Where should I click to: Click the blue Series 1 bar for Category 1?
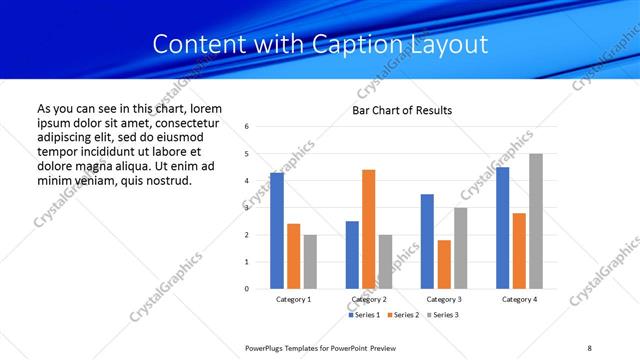tap(277, 231)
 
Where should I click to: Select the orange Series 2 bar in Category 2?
tap(368, 229)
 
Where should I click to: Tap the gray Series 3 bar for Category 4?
tap(536, 221)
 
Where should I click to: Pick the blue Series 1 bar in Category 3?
tap(427, 241)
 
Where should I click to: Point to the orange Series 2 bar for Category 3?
tap(444, 264)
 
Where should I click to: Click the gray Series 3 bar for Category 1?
tap(310, 262)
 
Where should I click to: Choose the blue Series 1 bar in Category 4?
tap(502, 228)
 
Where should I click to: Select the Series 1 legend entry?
tap(364, 315)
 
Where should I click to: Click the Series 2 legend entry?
tap(402, 315)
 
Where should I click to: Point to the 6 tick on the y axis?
tap(246, 127)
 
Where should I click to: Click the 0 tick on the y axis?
tap(246, 289)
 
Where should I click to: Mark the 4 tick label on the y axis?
tap(246, 181)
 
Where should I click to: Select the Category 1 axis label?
tap(294, 300)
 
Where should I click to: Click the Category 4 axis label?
tap(519, 300)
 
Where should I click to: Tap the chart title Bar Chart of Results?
tap(402, 110)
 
